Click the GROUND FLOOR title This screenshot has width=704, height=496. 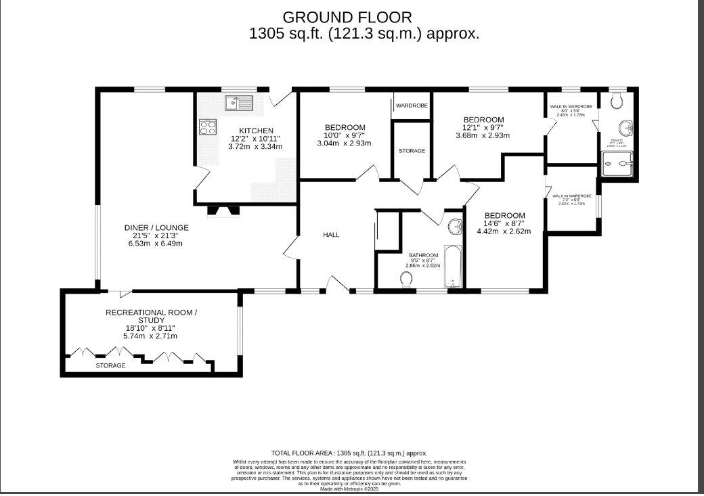tap(347, 17)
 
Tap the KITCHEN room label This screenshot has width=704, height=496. tap(256, 131)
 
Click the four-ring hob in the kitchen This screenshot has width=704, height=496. tap(208, 127)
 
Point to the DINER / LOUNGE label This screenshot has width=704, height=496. tap(156, 227)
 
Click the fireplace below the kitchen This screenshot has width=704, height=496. tap(224, 210)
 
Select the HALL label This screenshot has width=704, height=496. tap(331, 235)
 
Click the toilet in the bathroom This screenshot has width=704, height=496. tap(408, 279)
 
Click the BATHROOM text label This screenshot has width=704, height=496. tap(424, 254)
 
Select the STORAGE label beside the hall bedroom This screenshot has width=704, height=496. tap(412, 151)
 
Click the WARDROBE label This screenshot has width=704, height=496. tap(412, 106)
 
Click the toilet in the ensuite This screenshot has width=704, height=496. tap(616, 102)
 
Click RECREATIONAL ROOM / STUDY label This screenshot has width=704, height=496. tap(151, 316)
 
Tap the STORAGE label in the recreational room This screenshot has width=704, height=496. tap(110, 365)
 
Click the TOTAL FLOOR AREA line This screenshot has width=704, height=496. tap(349, 453)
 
